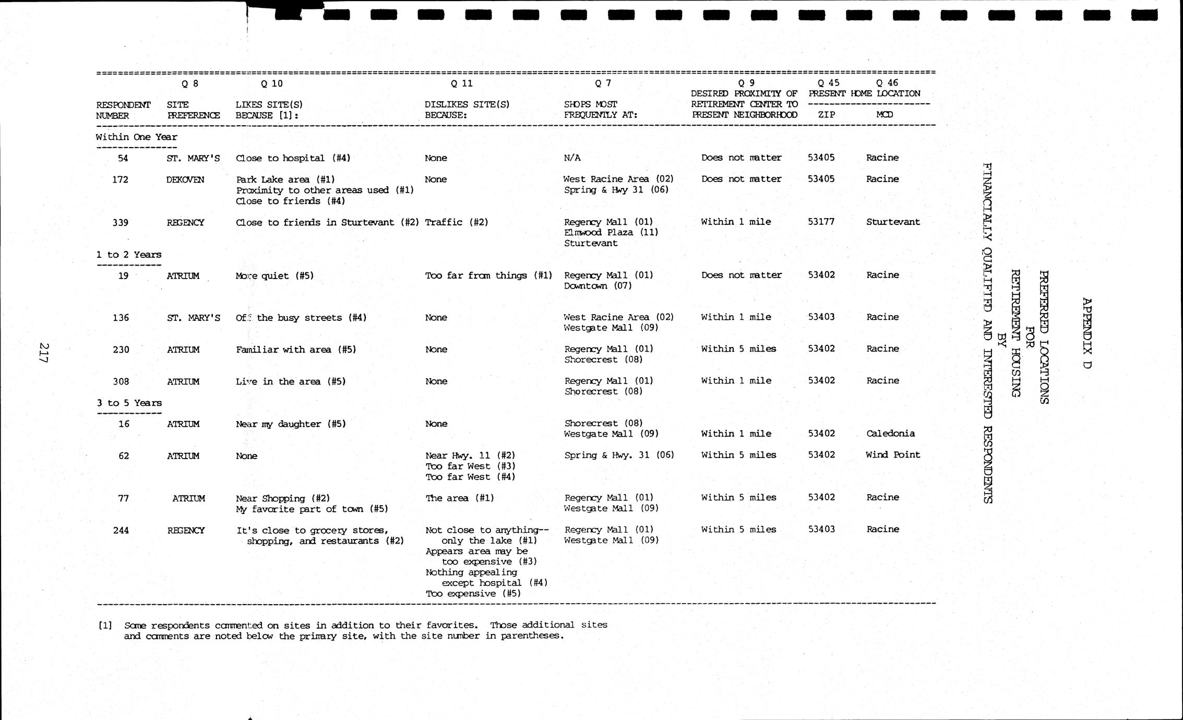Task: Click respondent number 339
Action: click(x=121, y=223)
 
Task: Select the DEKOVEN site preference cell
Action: click(x=185, y=180)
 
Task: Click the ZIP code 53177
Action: click(x=821, y=222)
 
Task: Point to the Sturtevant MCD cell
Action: click(x=893, y=222)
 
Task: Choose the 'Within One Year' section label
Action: click(x=136, y=137)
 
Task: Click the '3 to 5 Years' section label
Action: click(x=129, y=403)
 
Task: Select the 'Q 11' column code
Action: click(x=462, y=83)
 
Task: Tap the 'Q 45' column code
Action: click(x=829, y=82)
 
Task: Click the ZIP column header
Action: click(x=826, y=115)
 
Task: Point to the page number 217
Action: click(x=44, y=353)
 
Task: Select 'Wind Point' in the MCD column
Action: click(x=893, y=455)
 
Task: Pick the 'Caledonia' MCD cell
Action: click(x=890, y=434)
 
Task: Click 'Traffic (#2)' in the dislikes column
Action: click(x=457, y=222)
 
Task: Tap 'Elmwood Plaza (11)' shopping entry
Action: click(x=611, y=233)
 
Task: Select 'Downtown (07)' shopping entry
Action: click(x=598, y=286)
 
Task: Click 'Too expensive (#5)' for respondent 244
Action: click(x=473, y=594)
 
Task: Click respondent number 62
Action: click(x=123, y=456)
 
